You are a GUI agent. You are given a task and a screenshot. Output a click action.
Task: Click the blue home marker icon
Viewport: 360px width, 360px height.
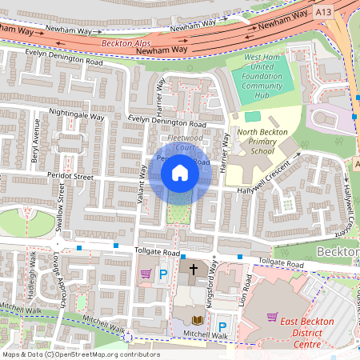pos(180,173)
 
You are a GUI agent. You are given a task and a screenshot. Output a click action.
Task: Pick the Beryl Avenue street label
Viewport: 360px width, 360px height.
pos(36,141)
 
